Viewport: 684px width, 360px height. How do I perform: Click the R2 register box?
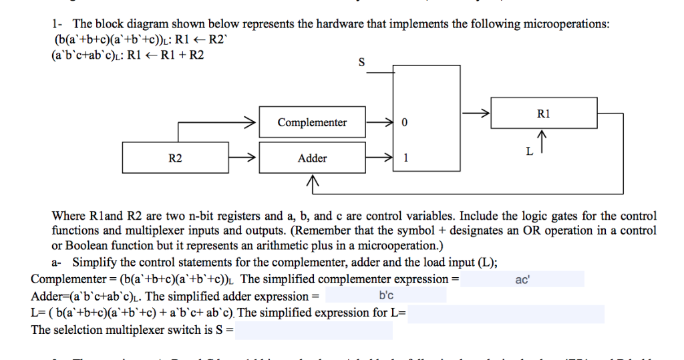coord(175,158)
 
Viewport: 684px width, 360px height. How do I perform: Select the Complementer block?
coord(312,123)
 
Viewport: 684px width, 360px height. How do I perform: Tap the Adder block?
coord(312,158)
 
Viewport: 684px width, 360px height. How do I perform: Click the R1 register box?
coord(543,114)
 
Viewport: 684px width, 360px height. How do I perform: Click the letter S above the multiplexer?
coord(361,63)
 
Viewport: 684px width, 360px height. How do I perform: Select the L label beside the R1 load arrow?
coord(529,152)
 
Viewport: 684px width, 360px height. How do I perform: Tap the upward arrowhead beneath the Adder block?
coord(312,181)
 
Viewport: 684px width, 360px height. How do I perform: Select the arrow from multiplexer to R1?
coord(475,114)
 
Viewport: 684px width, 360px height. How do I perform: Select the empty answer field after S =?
coord(313,330)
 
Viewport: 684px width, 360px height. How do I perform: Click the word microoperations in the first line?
coord(567,24)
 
